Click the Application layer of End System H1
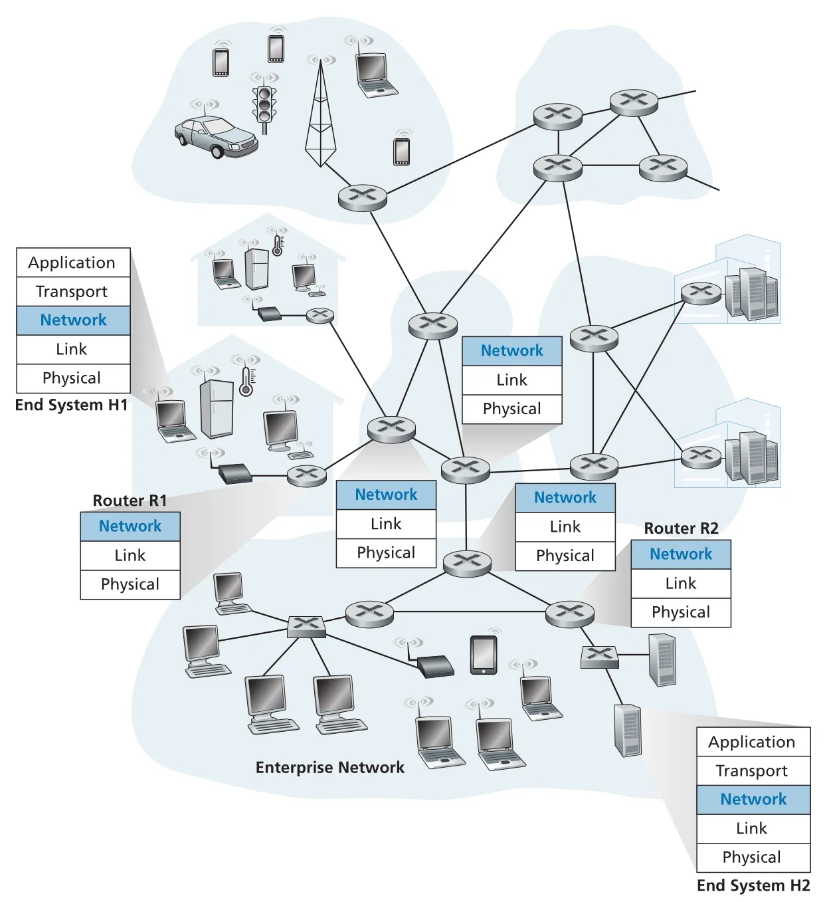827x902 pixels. (73, 263)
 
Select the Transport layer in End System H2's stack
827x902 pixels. (753, 770)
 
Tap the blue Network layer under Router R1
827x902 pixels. (130, 526)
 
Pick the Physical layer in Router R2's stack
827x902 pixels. (681, 612)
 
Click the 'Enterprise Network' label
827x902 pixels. (330, 768)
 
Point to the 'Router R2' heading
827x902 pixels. (681, 528)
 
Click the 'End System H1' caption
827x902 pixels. (72, 405)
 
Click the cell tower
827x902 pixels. (320, 112)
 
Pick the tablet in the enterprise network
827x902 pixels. (484, 655)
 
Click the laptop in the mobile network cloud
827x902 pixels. (375, 74)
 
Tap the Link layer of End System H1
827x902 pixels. (73, 350)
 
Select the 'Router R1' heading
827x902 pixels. (130, 501)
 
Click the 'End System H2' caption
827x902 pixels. (753, 885)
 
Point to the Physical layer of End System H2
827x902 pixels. (753, 857)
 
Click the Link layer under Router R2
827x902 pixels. (681, 584)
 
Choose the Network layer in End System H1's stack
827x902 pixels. (73, 320)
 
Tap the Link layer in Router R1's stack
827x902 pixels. (130, 555)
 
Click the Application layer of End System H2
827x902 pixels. (753, 742)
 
